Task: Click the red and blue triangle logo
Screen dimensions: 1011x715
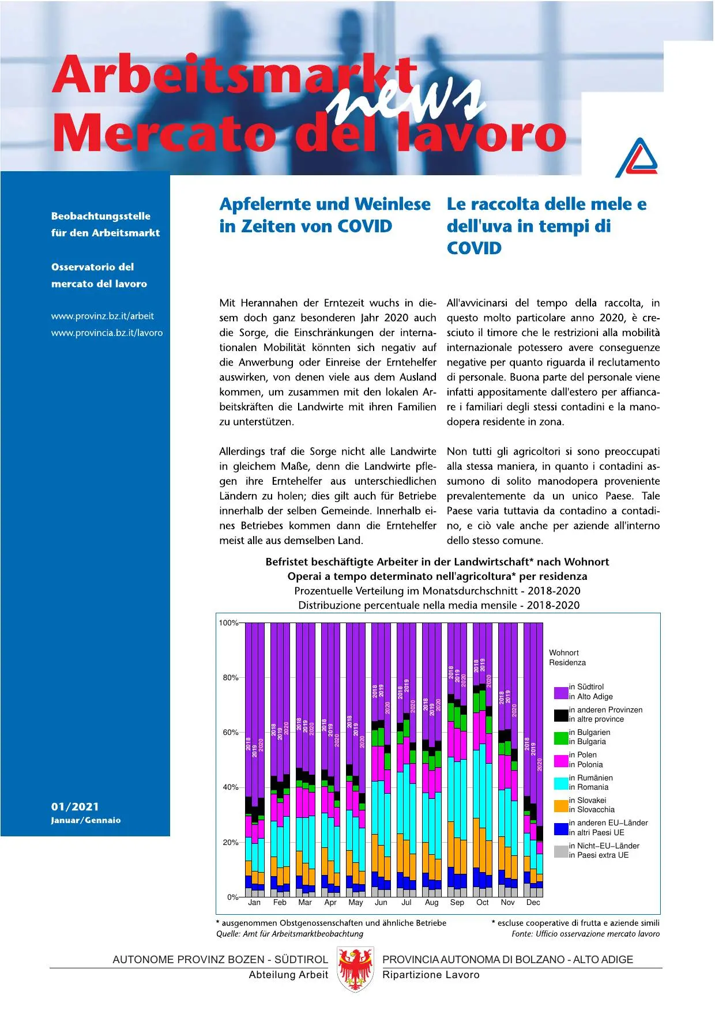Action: tap(637, 159)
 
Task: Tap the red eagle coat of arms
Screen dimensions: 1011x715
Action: tap(355, 969)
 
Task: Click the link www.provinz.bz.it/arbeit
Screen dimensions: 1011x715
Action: tap(103, 316)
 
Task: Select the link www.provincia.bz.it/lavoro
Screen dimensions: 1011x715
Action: tap(107, 333)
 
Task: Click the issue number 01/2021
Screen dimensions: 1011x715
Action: tap(75, 806)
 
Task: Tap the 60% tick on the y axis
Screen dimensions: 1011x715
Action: tap(231, 732)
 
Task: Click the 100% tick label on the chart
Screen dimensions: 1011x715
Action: tap(228, 623)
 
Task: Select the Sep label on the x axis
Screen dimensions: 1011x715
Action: tap(457, 902)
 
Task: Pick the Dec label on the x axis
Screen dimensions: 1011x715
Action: tap(533, 902)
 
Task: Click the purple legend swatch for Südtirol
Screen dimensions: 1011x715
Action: tap(561, 692)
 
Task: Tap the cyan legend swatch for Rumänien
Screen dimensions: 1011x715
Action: tap(561, 783)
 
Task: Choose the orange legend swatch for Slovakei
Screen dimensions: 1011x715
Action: tap(561, 805)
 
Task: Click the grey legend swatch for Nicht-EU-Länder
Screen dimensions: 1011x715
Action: tap(561, 851)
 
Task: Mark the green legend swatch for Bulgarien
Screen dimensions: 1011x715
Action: tap(561, 737)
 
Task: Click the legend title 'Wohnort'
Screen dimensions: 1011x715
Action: tap(563, 652)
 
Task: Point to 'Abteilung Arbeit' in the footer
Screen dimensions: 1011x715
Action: tap(288, 975)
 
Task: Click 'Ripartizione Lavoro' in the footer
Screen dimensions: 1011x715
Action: tap(431, 975)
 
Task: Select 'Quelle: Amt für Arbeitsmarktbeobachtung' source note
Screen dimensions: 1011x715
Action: tap(289, 934)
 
